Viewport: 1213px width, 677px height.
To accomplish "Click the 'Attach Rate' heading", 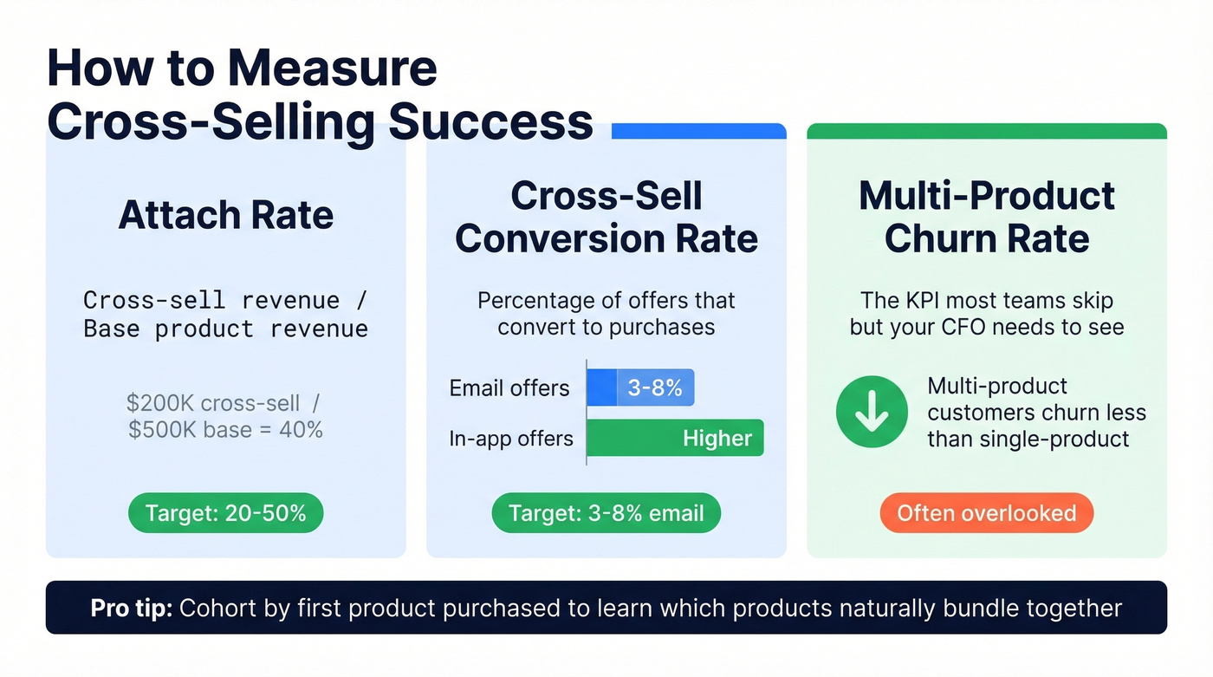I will coord(225,215).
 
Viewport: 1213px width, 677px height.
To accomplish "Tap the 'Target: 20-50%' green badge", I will coord(225,514).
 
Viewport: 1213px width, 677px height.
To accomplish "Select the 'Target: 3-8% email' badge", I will coord(606,514).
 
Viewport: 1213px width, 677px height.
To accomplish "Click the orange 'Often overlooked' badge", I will coord(986,513).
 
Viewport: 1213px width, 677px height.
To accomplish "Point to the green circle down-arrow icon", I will coord(871,412).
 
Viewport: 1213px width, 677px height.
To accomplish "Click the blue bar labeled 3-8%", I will coord(640,388).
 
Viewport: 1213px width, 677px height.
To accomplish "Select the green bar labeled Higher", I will coord(675,439).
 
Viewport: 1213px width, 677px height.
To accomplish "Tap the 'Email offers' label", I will coord(509,388).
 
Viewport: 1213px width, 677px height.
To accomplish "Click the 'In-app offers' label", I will coord(511,439).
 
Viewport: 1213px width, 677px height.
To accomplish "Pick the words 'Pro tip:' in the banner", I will coord(132,608).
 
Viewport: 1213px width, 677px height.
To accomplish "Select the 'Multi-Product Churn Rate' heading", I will coord(986,217).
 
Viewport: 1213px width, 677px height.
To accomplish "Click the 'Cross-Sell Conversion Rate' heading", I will coord(606,217).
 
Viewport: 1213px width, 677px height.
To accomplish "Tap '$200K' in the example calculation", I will coord(160,403).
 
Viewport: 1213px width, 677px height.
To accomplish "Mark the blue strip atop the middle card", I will coord(698,131).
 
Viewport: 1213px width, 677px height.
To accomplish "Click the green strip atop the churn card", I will coord(986,131).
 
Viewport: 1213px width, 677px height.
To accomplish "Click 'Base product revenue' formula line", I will coord(225,329).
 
